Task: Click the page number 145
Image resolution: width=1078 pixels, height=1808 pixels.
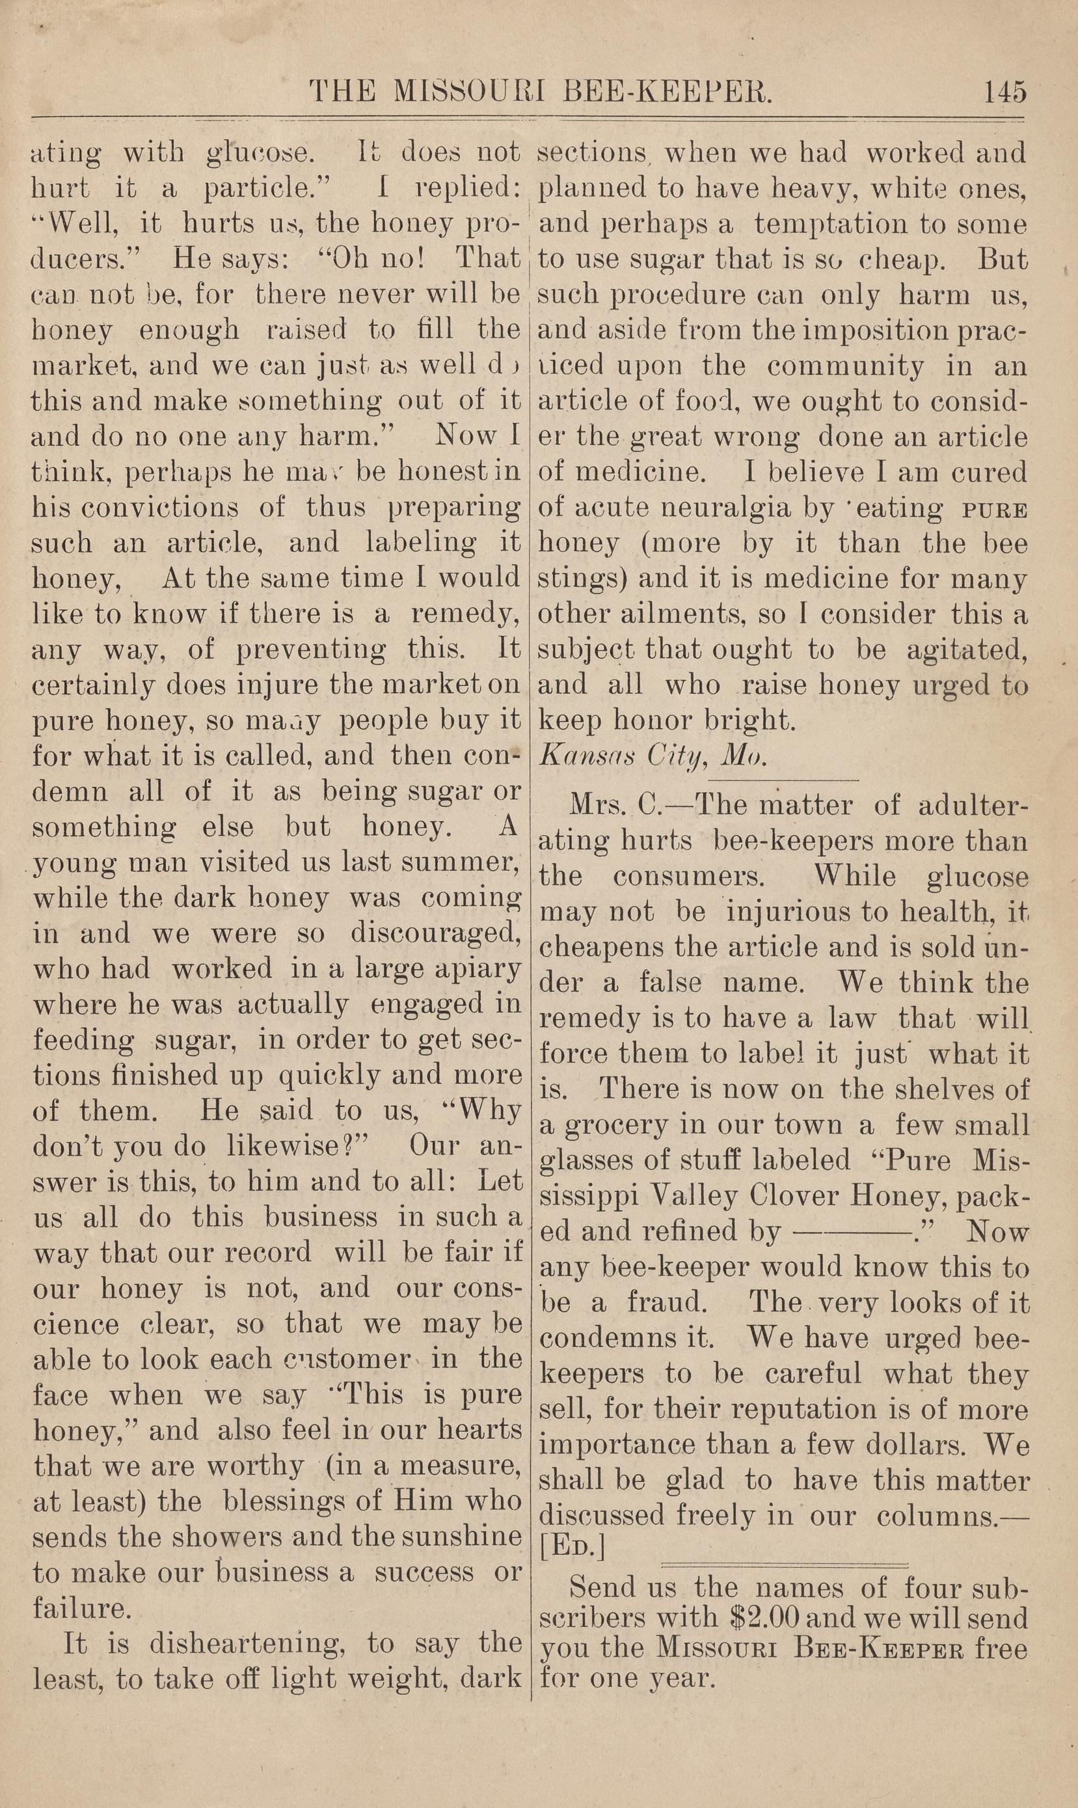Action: coord(1004,93)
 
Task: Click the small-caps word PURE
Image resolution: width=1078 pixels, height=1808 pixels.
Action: coord(993,510)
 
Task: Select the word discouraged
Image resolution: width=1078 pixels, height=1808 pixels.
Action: coord(436,935)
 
